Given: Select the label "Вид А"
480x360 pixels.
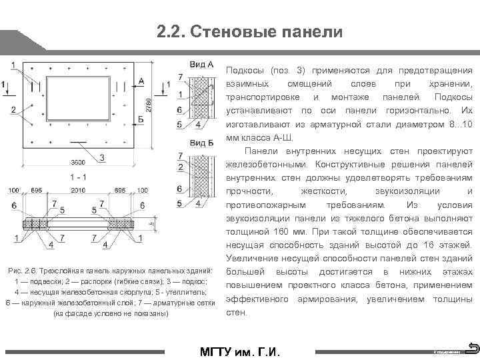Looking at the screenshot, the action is pyautogui.click(x=201, y=65).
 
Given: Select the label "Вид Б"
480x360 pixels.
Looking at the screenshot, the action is pyautogui.click(x=201, y=143).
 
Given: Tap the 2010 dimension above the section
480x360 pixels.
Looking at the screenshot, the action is pyautogui.click(x=78, y=191).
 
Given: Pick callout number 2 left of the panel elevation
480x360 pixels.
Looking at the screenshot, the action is pyautogui.click(x=13, y=109).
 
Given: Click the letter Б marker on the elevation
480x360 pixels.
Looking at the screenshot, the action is pyautogui.click(x=141, y=118).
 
